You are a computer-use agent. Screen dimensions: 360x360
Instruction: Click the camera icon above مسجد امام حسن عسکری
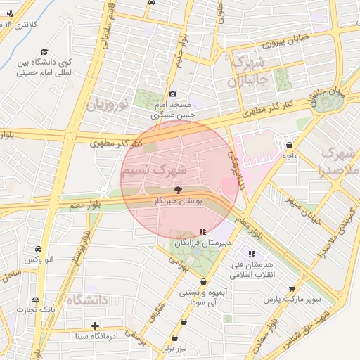173,94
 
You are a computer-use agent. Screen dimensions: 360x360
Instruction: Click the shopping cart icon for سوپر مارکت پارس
292,288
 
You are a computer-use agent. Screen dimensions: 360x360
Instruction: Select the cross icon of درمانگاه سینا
96,325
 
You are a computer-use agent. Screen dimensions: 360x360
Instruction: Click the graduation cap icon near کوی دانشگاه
44,51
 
